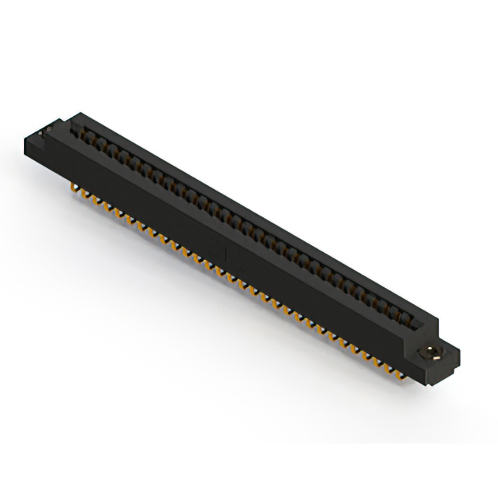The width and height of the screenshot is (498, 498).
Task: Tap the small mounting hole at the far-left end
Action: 51,126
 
